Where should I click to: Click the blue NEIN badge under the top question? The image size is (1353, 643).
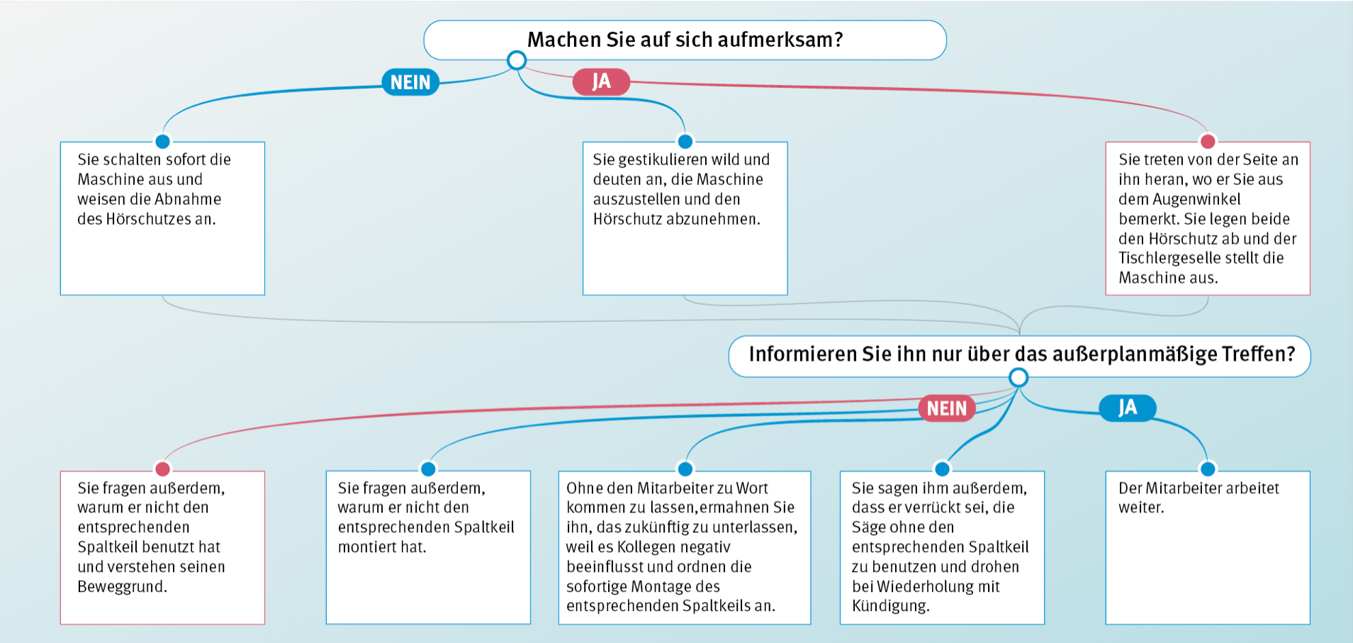pyautogui.click(x=410, y=82)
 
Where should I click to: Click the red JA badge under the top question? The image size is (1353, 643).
pyautogui.click(x=601, y=82)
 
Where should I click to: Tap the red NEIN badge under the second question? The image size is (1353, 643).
pyautogui.click(x=947, y=408)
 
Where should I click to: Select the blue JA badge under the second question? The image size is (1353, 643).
pyautogui.click(x=1128, y=408)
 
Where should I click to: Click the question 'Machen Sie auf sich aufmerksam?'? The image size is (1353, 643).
pyautogui.click(x=685, y=40)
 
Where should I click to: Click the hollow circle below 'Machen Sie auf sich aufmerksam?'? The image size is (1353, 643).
pyautogui.click(x=517, y=60)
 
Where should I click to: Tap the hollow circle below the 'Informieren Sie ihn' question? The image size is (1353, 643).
pyautogui.click(x=1018, y=377)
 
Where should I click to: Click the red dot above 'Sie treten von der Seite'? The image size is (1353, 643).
pyautogui.click(x=1208, y=141)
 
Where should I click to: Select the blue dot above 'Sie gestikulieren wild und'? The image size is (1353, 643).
pyautogui.click(x=685, y=141)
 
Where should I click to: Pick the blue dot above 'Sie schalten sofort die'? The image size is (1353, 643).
pyautogui.click(x=162, y=141)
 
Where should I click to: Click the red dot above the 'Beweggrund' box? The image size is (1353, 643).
pyautogui.click(x=162, y=469)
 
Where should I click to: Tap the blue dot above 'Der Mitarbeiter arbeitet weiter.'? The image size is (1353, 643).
pyautogui.click(x=1208, y=469)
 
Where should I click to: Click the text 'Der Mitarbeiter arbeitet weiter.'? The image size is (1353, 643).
pyautogui.click(x=1198, y=498)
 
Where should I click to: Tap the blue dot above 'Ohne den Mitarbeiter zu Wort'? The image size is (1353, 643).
pyautogui.click(x=685, y=469)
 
